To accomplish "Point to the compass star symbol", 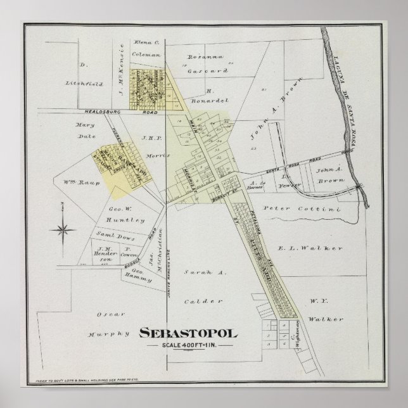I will coord(62,229).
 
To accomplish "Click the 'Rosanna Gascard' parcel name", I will coord(203,64).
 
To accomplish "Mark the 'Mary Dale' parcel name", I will coord(84,130).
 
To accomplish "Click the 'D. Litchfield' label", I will coord(82,73).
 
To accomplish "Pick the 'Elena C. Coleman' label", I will coord(146,48).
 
